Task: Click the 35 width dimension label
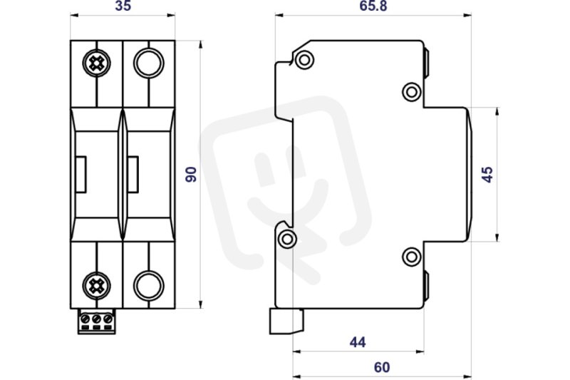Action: (123, 6)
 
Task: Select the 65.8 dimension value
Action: (373, 6)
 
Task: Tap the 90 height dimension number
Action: (191, 174)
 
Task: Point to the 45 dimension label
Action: (487, 175)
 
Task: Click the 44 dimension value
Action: (358, 342)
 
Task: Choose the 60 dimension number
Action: (382, 367)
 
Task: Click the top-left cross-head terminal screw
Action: (96, 63)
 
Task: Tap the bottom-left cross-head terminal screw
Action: (96, 286)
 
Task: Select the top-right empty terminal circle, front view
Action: (149, 63)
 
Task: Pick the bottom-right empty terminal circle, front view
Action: (149, 286)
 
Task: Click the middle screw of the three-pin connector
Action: (96, 319)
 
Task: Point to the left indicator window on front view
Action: (81, 174)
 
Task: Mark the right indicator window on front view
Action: (133, 174)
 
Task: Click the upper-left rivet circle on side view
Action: (305, 59)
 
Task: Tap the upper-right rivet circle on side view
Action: (412, 92)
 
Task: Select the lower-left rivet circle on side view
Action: (287, 239)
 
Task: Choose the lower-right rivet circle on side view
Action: (412, 257)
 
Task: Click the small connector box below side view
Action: (286, 322)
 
